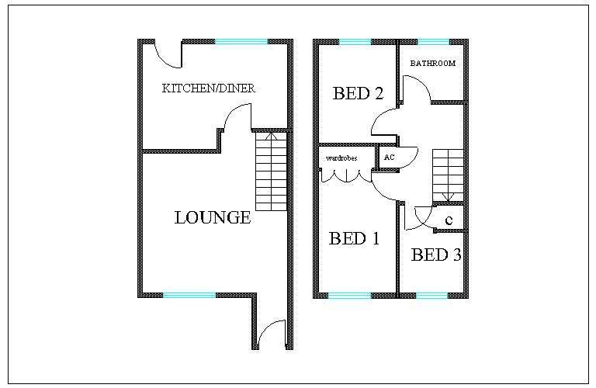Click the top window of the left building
click(x=241, y=41)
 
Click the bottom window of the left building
click(x=189, y=295)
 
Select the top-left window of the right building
click(x=355, y=41)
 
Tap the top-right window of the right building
click(x=433, y=41)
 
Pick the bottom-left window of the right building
click(x=349, y=295)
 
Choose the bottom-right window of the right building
click(x=431, y=295)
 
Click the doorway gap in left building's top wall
click(x=169, y=41)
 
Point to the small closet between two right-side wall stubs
click(x=450, y=217)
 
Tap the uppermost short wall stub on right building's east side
click(x=449, y=102)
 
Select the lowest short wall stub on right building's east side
click(x=450, y=230)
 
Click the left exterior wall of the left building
click(x=140, y=167)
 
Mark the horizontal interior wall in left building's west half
click(x=180, y=151)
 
